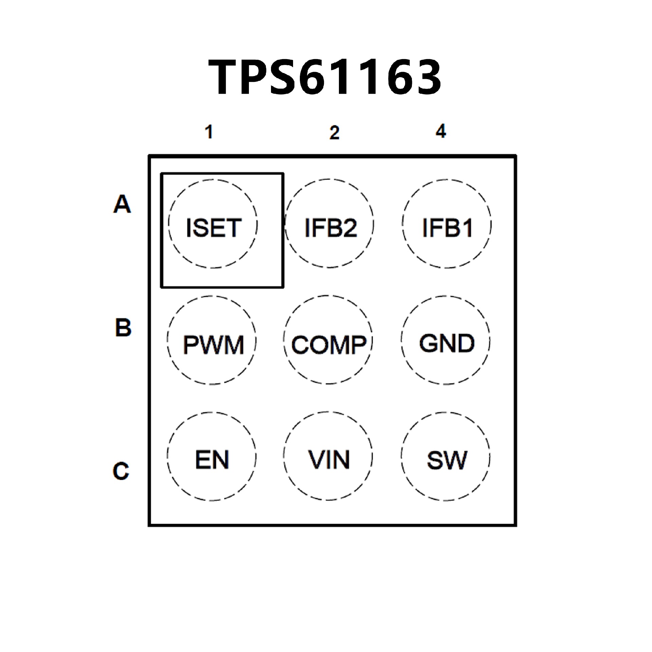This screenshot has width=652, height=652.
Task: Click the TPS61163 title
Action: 325,77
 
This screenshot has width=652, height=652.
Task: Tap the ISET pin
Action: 213,224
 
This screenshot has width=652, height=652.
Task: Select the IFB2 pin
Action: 329,224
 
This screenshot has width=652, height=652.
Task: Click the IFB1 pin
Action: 447,224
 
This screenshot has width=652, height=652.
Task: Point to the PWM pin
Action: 212,341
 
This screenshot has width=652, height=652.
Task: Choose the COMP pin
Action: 328,341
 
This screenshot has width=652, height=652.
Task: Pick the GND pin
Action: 446,341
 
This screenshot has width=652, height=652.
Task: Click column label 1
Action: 210,132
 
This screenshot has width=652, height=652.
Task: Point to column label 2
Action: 334,133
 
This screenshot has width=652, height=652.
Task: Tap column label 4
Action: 441,131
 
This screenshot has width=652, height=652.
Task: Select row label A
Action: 122,204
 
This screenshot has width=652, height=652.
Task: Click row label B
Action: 123,328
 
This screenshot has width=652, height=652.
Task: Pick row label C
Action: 121,471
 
